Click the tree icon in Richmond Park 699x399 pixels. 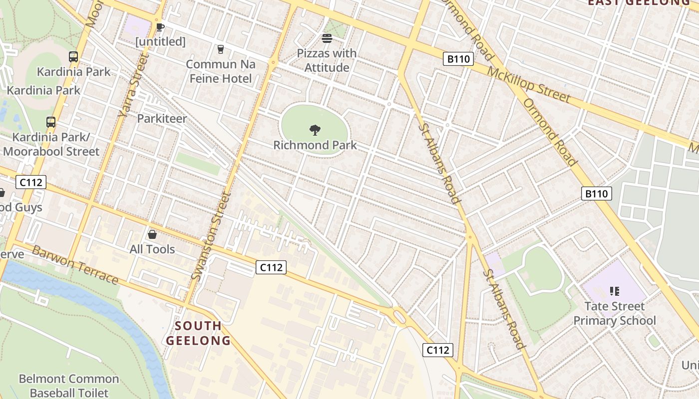315,130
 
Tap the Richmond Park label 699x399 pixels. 315,145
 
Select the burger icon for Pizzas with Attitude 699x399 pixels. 327,38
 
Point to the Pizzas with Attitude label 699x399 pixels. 327,60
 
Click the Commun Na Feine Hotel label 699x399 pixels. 220,71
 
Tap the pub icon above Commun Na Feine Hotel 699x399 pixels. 220,49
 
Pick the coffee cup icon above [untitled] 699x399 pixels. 160,27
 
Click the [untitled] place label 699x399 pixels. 160,41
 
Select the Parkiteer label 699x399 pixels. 162,119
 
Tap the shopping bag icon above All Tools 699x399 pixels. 152,234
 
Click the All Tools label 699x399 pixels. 152,249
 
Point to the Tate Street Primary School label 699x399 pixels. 614,313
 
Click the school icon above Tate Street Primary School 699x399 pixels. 615,291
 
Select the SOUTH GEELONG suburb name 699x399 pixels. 198,333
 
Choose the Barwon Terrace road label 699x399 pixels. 75,264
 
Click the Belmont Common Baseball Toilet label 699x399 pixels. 69,386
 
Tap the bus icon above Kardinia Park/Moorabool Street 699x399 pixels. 50,122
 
